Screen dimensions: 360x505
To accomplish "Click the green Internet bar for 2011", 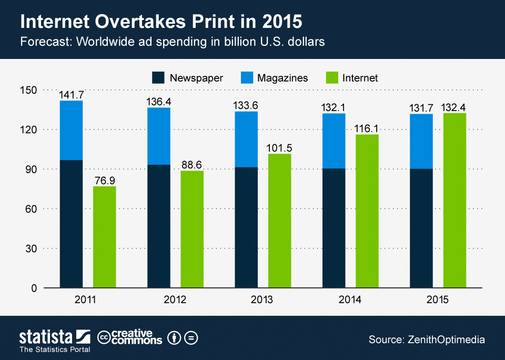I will [105, 237].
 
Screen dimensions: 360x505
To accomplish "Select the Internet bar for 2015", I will [454, 200].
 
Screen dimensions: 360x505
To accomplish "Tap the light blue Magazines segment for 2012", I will [159, 136].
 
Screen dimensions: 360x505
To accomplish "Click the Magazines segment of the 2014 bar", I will [334, 141].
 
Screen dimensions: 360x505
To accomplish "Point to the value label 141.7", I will [72, 95].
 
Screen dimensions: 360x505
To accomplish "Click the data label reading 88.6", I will [192, 165].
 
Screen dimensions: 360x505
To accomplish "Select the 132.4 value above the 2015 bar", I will [454, 107].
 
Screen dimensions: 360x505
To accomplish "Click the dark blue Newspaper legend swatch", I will [158, 78].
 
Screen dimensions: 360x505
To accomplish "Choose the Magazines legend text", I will [282, 78].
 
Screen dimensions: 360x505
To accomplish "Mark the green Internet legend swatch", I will [331, 78].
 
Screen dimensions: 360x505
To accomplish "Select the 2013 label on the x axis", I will [261, 300].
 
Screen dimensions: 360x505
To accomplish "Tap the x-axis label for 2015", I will [437, 300].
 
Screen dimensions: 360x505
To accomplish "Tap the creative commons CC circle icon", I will [104, 337].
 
